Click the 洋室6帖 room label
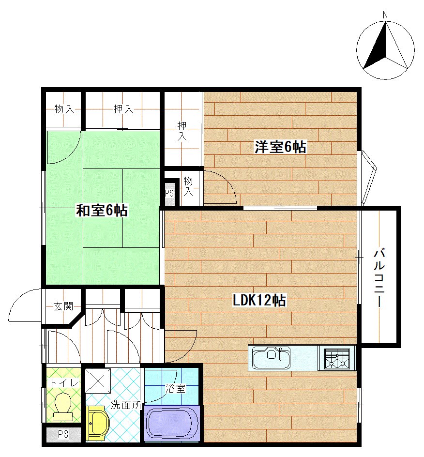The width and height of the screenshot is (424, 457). click(280, 147)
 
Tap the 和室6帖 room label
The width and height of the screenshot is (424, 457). click(102, 210)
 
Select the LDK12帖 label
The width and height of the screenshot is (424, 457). click(259, 300)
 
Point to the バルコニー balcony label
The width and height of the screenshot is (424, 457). click(379, 277)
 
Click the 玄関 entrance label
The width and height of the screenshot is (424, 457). click(63, 306)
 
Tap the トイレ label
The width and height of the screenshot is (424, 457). click(64, 382)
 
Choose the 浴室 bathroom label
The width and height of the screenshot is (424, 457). click(175, 388)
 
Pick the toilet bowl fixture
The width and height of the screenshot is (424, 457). click(63, 407)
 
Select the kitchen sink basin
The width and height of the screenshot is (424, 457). click(272, 358)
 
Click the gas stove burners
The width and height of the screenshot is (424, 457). click(337, 359)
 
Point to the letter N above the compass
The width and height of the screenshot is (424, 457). click(385, 15)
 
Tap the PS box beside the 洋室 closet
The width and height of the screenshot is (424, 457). click(169, 193)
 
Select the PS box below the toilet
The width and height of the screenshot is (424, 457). click(63, 434)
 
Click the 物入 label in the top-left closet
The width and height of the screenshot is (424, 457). click(64, 109)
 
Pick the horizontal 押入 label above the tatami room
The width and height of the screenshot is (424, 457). click(123, 109)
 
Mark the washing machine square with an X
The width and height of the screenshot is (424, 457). click(98, 381)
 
